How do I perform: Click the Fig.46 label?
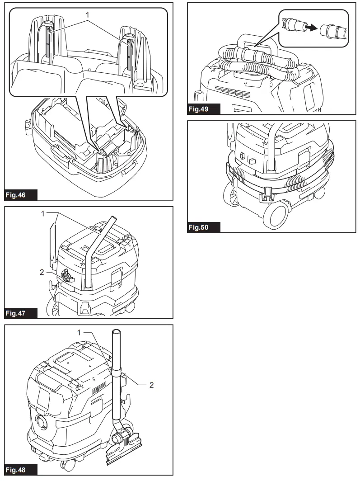click(20, 195)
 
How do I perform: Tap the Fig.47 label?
click(20, 313)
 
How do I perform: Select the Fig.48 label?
click(20, 470)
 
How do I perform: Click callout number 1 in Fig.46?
click(88, 14)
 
